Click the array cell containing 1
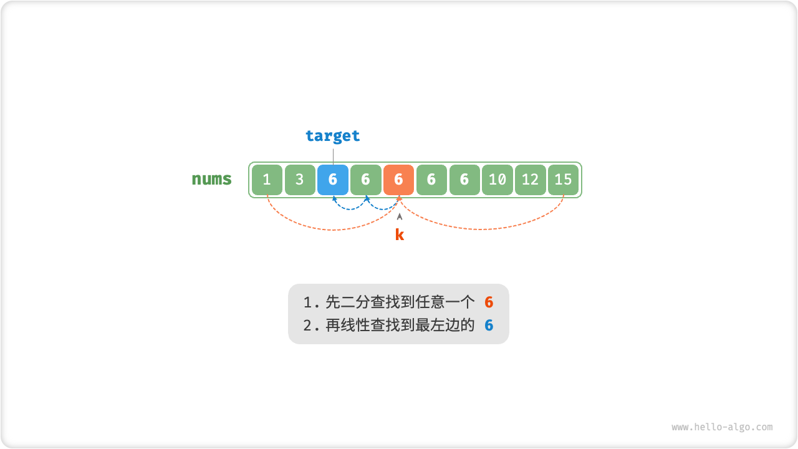pyautogui.click(x=267, y=180)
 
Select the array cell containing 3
pyautogui.click(x=300, y=180)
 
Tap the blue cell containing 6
pyautogui.click(x=333, y=180)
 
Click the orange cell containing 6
pyautogui.click(x=399, y=180)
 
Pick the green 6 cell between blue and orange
pyautogui.click(x=366, y=180)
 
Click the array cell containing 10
pyautogui.click(x=497, y=180)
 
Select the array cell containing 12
pyautogui.click(x=530, y=180)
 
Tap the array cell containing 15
pyautogui.click(x=563, y=180)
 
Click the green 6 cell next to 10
pyautogui.click(x=464, y=180)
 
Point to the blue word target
pyautogui.click(x=332, y=135)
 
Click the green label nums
pyautogui.click(x=211, y=180)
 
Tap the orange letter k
pyautogui.click(x=400, y=235)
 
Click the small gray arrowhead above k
pyautogui.click(x=400, y=216)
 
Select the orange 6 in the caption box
pyautogui.click(x=489, y=303)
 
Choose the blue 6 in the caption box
pyautogui.click(x=489, y=326)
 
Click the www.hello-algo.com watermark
pyautogui.click(x=722, y=427)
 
